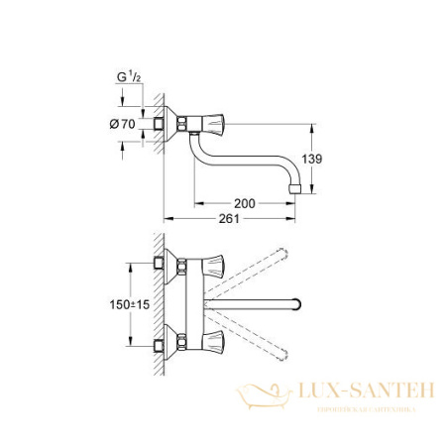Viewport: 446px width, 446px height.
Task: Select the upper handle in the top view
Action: click(x=215, y=265)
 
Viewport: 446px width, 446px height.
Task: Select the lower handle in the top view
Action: click(x=215, y=347)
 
